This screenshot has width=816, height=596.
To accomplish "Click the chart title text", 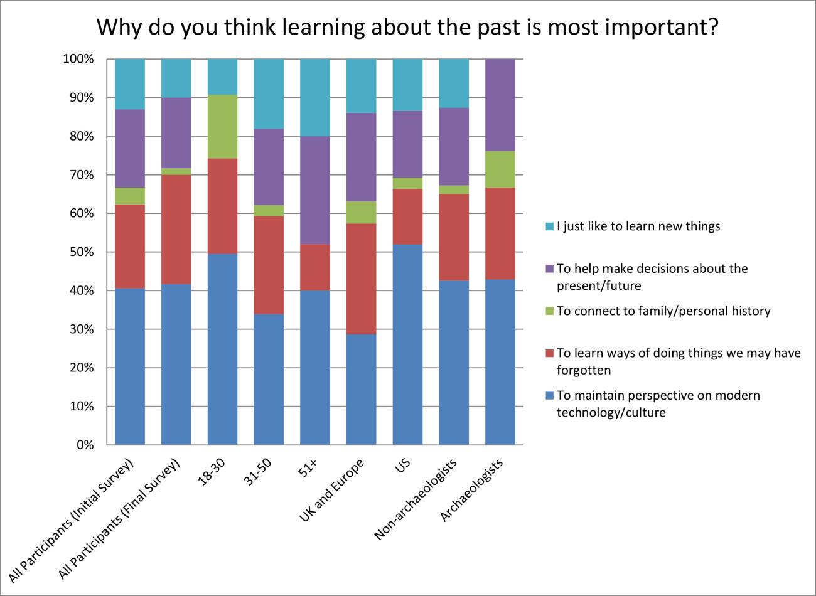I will pyautogui.click(x=407, y=28).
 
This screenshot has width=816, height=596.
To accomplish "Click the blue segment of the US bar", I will pyautogui.click(x=407, y=345).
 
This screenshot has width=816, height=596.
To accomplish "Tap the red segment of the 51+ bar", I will pyautogui.click(x=315, y=267).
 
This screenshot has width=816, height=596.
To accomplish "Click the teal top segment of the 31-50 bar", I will pyautogui.click(x=269, y=94).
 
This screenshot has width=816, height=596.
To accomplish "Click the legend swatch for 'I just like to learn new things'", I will pyautogui.click(x=549, y=226).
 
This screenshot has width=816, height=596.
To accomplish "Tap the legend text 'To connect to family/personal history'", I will pyautogui.click(x=663, y=311).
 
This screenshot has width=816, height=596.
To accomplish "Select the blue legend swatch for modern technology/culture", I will pyautogui.click(x=549, y=396).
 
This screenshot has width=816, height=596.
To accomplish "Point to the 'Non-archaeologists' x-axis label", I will pyautogui.click(x=416, y=499).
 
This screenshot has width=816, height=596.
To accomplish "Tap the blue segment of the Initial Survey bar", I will pyautogui.click(x=130, y=367).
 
